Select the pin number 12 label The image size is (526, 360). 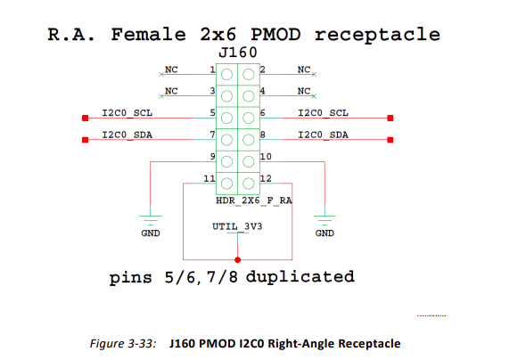pyautogui.click(x=265, y=179)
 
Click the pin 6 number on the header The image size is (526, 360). pyautogui.click(x=262, y=113)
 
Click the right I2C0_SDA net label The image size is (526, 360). pyautogui.click(x=323, y=135)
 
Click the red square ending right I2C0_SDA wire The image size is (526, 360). pyautogui.click(x=390, y=139)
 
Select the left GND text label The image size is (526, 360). pyautogui.click(x=151, y=233)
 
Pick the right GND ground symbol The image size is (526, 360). pyautogui.click(x=325, y=217)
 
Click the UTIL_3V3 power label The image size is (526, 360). pyautogui.click(x=237, y=227)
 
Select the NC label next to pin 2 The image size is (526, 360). pyautogui.click(x=304, y=70)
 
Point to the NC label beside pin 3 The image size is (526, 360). pyautogui.click(x=171, y=91)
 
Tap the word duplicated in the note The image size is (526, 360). pyautogui.click(x=300, y=276)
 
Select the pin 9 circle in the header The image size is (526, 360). pyautogui.click(x=226, y=161)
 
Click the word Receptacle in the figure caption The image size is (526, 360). pyautogui.click(x=367, y=343)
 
